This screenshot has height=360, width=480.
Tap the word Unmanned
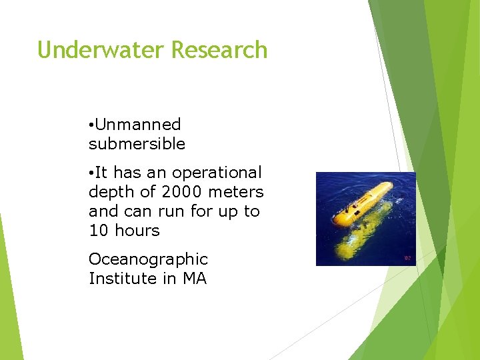point(138,125)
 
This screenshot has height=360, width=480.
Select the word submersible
point(137,144)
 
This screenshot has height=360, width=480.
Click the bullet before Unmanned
point(91,125)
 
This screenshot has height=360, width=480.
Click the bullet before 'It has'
point(91,173)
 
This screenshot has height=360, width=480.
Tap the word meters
point(237,192)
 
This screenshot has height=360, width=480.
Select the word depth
point(110,193)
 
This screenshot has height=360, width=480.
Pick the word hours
point(137,231)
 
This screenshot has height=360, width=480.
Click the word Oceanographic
point(148,259)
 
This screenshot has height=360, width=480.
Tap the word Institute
point(123,279)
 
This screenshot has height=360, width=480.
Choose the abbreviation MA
point(194,279)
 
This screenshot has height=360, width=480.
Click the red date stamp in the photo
point(407,257)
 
